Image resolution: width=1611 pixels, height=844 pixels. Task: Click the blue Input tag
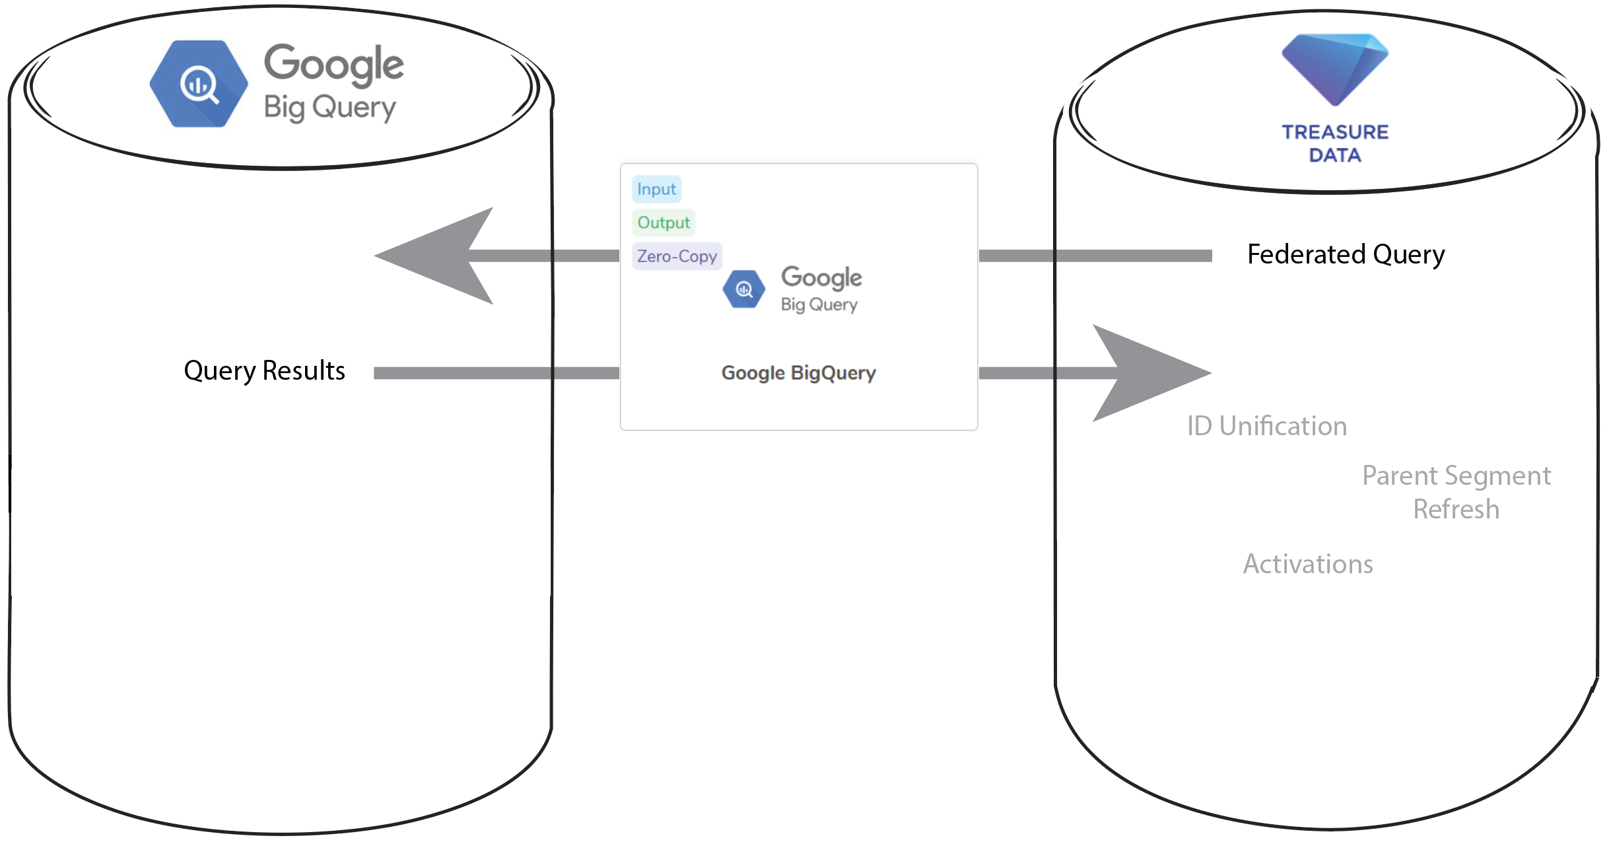[x=656, y=190]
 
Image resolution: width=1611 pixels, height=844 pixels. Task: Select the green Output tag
[x=663, y=223]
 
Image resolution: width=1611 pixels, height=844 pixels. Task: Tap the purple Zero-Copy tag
[x=677, y=256]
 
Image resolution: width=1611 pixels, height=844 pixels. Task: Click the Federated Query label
[x=1346, y=255]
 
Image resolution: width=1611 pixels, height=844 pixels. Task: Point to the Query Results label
[x=264, y=371]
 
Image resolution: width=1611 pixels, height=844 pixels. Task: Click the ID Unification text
[x=1266, y=427]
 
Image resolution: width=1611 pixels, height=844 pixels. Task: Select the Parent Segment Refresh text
[x=1456, y=493]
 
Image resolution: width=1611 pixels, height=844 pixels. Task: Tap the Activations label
[x=1307, y=565]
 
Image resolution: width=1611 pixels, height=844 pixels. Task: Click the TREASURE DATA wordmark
[x=1335, y=143]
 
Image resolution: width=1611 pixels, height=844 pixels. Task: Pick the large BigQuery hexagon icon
[x=199, y=84]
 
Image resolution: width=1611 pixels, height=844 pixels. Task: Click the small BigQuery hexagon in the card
[x=744, y=289]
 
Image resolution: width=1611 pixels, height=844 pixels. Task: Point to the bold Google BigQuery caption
[x=798, y=373]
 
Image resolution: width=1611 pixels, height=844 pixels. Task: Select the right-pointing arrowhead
[x=1149, y=373]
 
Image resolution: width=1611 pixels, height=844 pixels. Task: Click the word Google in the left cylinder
[x=333, y=65]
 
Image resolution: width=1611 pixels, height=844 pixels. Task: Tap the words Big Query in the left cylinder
[x=329, y=108]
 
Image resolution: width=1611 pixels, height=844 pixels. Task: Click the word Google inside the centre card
[x=821, y=278]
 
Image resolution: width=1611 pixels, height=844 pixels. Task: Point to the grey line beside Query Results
[x=495, y=373]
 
